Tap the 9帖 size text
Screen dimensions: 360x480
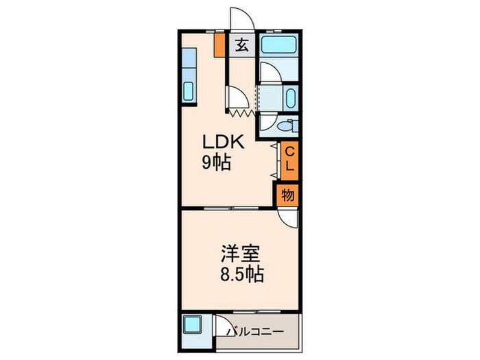tap(215, 164)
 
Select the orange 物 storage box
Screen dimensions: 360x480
tap(288, 195)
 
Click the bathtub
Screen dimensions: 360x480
tap(279, 48)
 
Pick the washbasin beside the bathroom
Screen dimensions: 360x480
tap(290, 97)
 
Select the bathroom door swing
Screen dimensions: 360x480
tap(269, 73)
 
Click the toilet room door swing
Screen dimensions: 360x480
tap(267, 123)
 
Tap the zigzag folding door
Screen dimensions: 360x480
tap(241, 110)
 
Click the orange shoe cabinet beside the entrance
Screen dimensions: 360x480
tap(219, 45)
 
